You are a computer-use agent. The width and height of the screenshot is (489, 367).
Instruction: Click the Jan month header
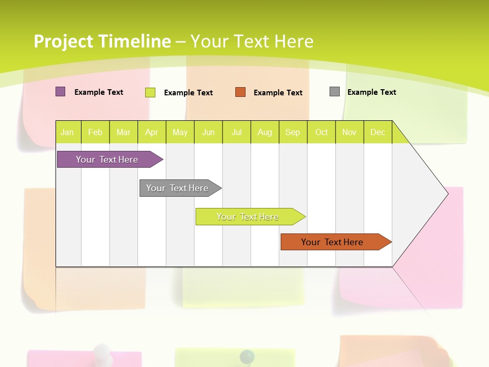pyautogui.click(x=67, y=132)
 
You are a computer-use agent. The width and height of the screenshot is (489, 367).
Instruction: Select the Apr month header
pyautogui.click(x=151, y=132)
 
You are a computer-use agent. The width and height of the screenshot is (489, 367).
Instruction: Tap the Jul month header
pyautogui.click(x=236, y=132)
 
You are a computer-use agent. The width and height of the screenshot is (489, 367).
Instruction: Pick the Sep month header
pyautogui.click(x=292, y=132)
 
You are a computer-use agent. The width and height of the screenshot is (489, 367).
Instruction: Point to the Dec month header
pyautogui.click(x=377, y=132)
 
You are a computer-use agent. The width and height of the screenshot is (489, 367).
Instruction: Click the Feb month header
pyautogui.click(x=95, y=132)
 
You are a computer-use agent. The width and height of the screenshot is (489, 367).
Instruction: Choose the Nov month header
pyautogui.click(x=349, y=132)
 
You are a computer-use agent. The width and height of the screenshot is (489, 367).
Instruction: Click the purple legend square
pyautogui.click(x=61, y=92)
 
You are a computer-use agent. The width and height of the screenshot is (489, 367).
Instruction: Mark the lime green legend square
pyautogui.click(x=150, y=92)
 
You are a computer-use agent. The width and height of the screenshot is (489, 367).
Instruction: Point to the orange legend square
pyautogui.click(x=240, y=92)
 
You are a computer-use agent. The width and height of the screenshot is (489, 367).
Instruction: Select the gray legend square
pyautogui.click(x=335, y=92)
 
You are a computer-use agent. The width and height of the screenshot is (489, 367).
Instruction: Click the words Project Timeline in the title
pyautogui.click(x=102, y=41)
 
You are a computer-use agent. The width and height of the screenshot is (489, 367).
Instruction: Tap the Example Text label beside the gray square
pyautogui.click(x=372, y=92)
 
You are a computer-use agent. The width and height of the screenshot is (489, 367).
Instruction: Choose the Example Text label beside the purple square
pyautogui.click(x=99, y=92)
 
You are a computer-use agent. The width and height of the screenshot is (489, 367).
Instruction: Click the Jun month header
pyautogui.click(x=208, y=132)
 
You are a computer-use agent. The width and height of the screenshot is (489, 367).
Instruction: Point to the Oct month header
pyautogui.click(x=321, y=132)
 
